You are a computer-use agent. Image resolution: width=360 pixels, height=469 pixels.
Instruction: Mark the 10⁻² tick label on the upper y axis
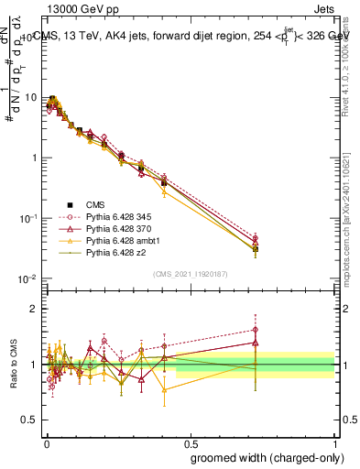click(x=29, y=278)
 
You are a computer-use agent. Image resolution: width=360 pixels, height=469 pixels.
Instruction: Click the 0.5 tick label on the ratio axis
click(x=31, y=420)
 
